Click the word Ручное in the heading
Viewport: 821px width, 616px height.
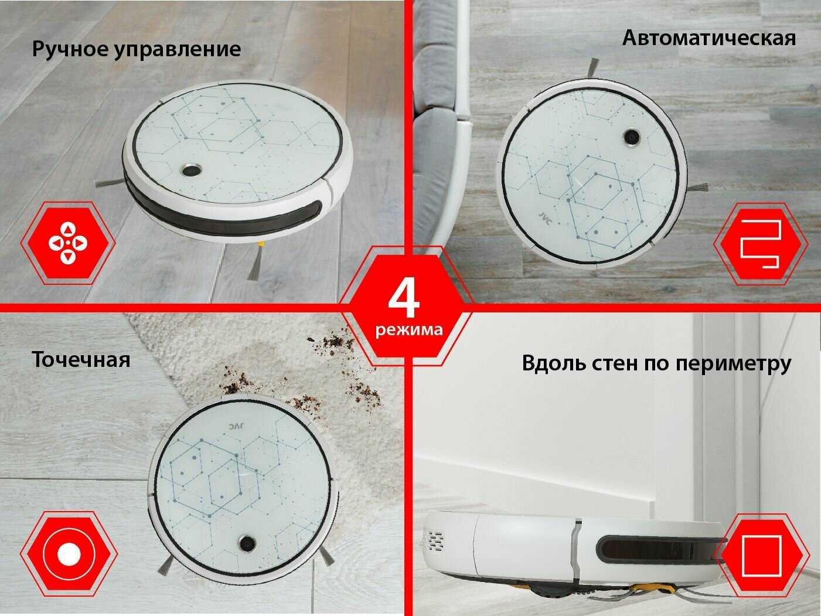click(x=70, y=50)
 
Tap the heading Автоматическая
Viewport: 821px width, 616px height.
click(x=709, y=39)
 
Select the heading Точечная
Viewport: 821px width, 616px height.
click(x=81, y=360)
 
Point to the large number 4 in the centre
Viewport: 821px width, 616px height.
click(x=404, y=300)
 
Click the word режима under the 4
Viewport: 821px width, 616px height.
click(x=409, y=330)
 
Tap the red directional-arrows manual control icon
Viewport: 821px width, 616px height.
click(x=68, y=243)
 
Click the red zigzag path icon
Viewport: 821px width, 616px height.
click(x=761, y=244)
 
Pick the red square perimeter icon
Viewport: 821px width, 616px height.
click(x=762, y=556)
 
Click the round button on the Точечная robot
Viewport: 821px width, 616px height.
click(x=247, y=542)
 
